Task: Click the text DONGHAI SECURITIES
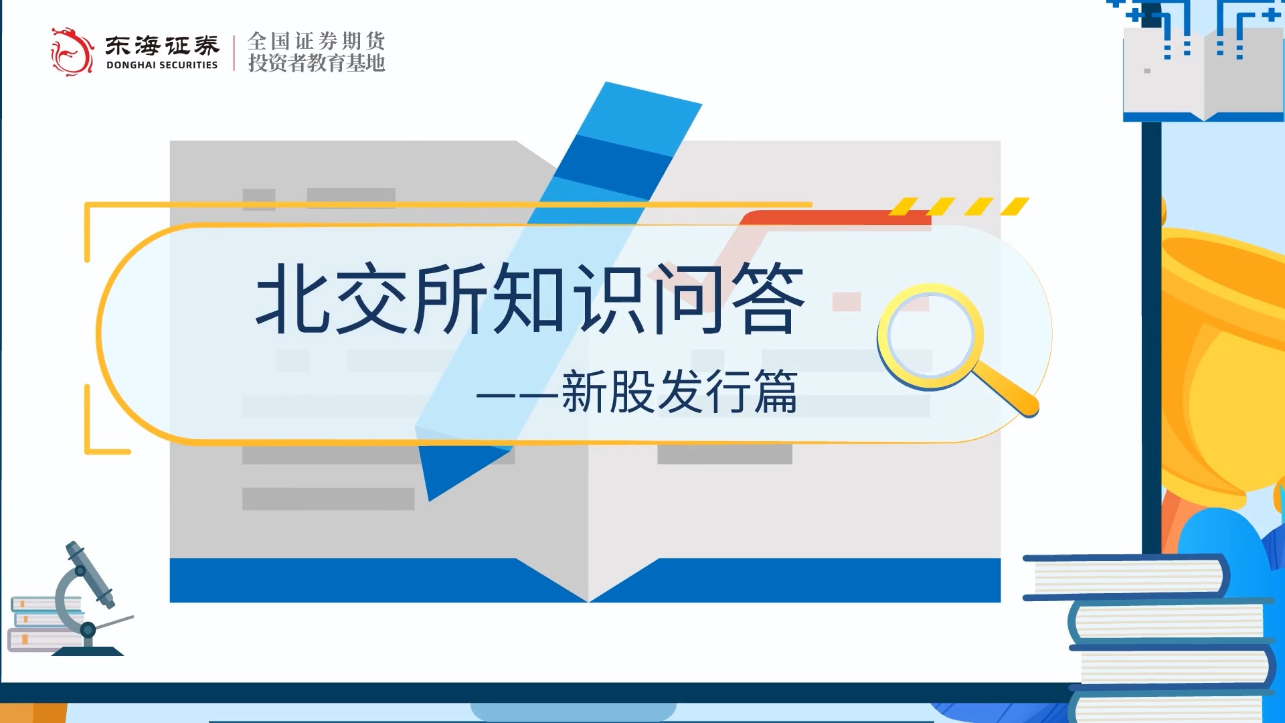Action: click(x=162, y=65)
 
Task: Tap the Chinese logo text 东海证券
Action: click(x=162, y=45)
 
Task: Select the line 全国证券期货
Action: click(x=317, y=41)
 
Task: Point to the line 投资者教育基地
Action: click(x=317, y=63)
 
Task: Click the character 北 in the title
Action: click(x=293, y=297)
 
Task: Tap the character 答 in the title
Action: click(x=768, y=297)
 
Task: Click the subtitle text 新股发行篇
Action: click(x=679, y=392)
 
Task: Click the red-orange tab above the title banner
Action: click(x=836, y=218)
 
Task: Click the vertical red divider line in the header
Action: click(x=234, y=53)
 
